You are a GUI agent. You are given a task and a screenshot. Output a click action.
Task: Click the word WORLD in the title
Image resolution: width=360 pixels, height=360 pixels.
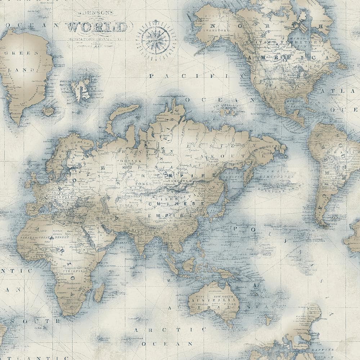tap(98, 27)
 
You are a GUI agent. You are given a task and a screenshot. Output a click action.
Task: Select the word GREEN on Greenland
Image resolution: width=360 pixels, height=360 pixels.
tap(22, 53)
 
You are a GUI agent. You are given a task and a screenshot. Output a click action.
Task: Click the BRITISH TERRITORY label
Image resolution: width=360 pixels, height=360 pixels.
tap(283, 42)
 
